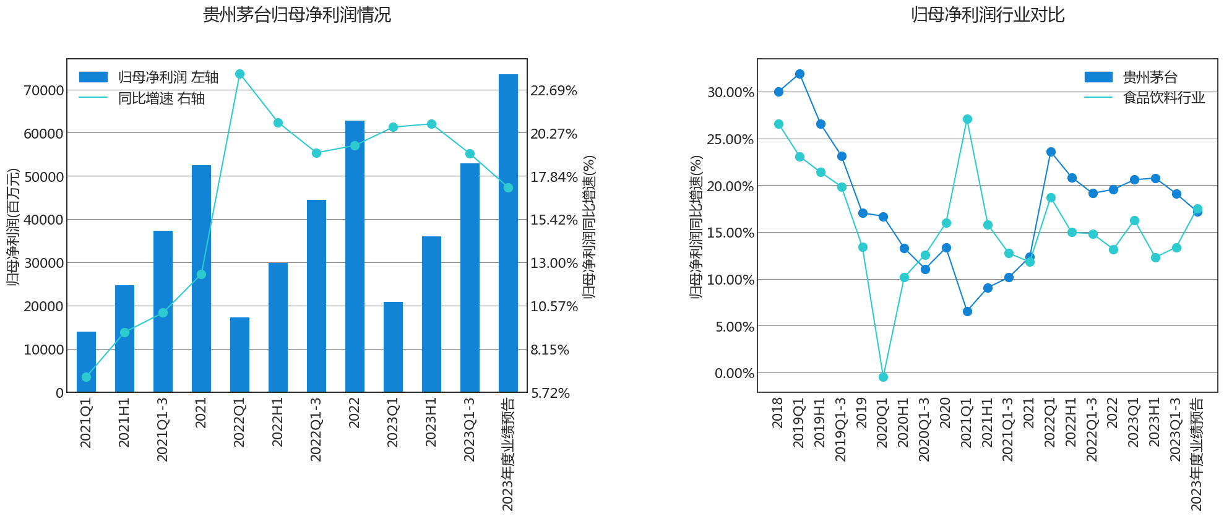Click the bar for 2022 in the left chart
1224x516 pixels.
coord(355,256)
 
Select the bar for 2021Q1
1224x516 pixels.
coord(86,362)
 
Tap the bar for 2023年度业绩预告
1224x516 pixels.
coord(508,233)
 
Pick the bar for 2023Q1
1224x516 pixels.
coord(393,347)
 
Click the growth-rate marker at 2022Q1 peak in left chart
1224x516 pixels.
coord(240,74)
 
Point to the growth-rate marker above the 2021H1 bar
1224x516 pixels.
coord(124,333)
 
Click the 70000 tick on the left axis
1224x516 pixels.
coord(43,90)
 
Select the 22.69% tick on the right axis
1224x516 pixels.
coord(554,90)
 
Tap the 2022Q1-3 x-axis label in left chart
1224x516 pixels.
coord(316,429)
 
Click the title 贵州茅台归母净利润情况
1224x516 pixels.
coord(296,15)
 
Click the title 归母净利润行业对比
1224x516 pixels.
coord(987,15)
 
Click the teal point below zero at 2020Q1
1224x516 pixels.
coord(883,377)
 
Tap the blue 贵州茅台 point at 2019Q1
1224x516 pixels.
coord(799,74)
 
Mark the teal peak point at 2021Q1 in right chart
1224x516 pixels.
coord(967,119)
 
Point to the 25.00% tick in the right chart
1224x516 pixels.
coord(730,139)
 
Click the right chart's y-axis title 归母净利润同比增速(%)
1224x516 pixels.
coord(696,226)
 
